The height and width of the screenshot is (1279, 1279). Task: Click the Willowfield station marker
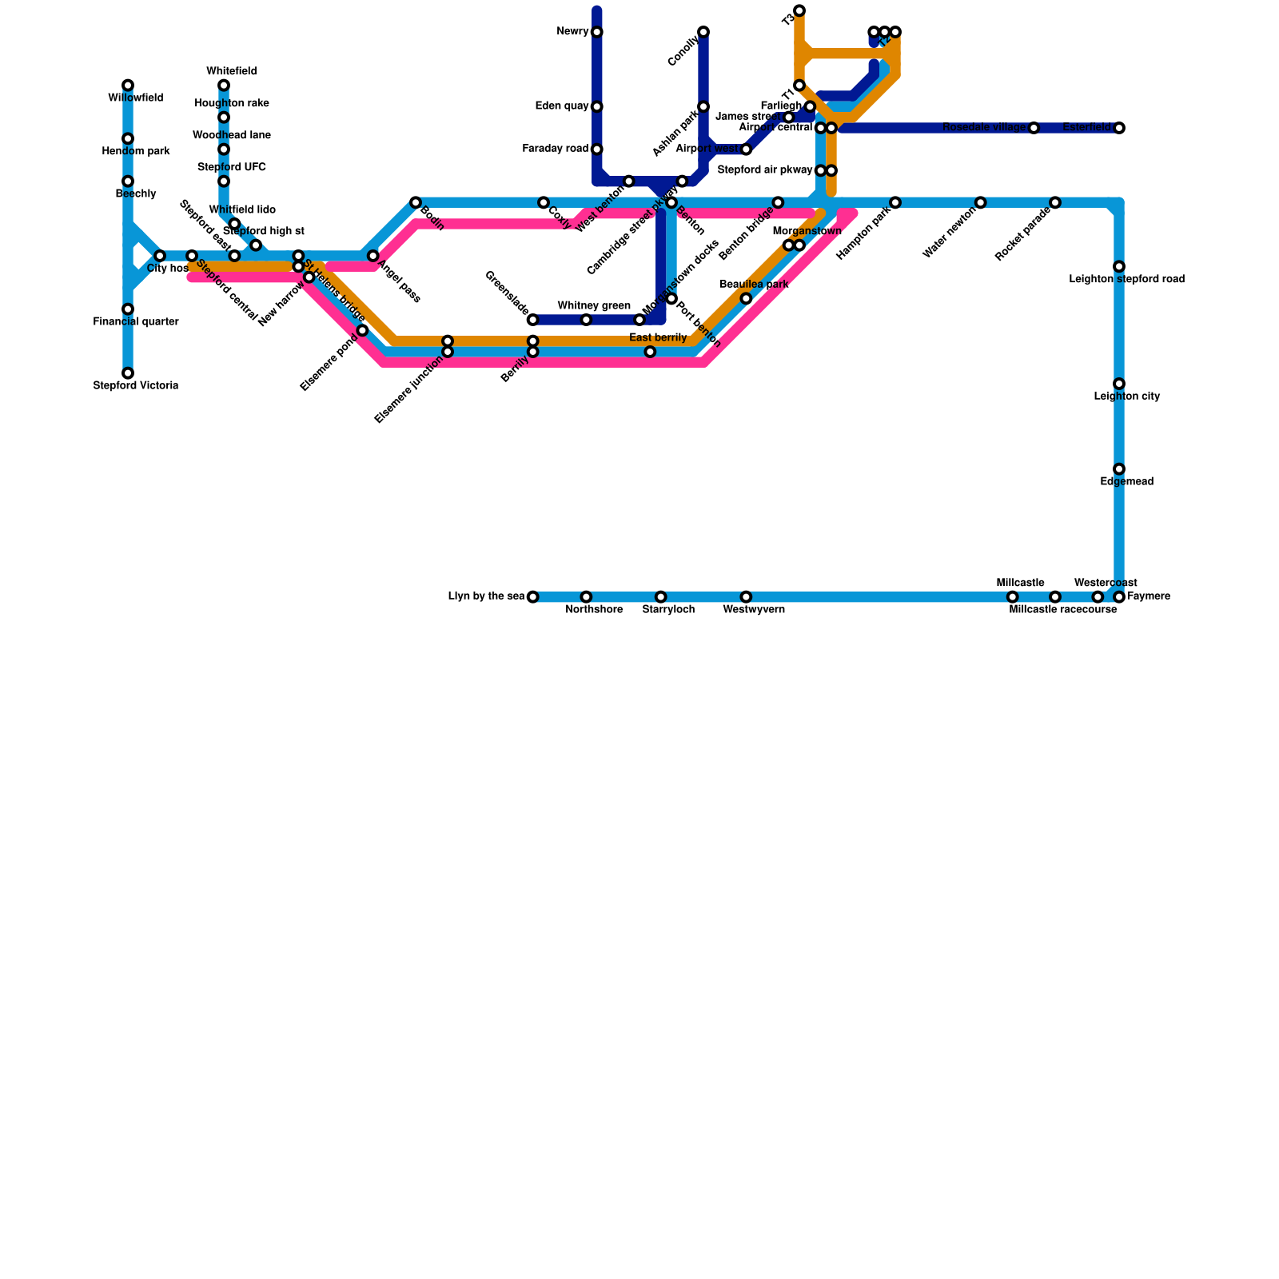click(x=128, y=86)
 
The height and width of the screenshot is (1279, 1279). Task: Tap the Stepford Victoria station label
click(x=135, y=385)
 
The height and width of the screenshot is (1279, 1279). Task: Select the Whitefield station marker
click(x=224, y=86)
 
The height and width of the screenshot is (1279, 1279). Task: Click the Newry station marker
click(x=597, y=32)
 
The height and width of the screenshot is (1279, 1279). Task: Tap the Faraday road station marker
click(x=597, y=149)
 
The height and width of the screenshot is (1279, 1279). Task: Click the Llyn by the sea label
click(x=486, y=596)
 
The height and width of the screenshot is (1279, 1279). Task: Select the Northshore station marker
click(x=586, y=597)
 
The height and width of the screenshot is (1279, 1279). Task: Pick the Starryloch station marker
click(x=660, y=597)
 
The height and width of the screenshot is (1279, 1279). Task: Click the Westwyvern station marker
click(x=746, y=597)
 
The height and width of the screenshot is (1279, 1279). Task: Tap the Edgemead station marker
click(x=1119, y=469)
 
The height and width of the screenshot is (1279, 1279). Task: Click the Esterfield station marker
click(x=1119, y=128)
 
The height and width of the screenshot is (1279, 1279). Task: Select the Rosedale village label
click(x=983, y=128)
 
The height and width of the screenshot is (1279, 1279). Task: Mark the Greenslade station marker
click(x=533, y=320)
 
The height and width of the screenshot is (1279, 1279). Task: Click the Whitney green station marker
click(x=586, y=320)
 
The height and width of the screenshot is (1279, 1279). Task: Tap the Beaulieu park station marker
click(x=746, y=299)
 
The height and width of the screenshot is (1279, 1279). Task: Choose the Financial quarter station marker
click(x=128, y=309)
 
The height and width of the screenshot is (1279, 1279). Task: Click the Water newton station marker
click(x=981, y=203)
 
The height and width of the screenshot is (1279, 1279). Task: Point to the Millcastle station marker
click(x=1013, y=597)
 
